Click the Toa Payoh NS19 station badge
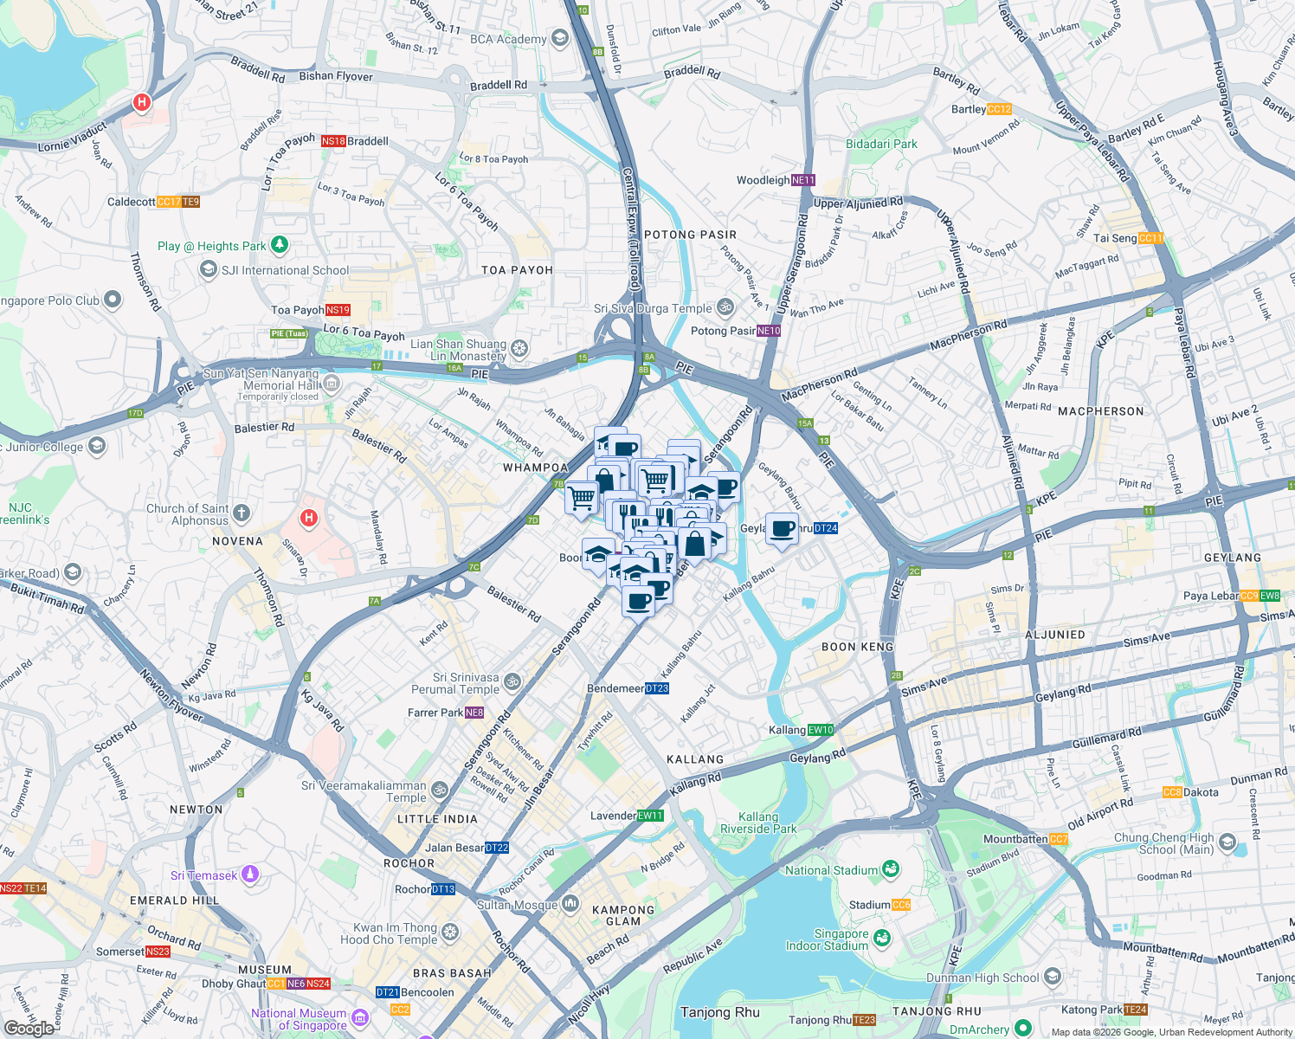coord(338,310)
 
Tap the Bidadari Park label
coord(881,144)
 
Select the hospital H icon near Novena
coord(308,519)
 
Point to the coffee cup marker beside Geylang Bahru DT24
coord(782,529)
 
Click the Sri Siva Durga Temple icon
coord(726,307)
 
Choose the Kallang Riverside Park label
coord(758,823)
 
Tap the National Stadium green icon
coord(891,869)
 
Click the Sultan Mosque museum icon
coord(570,905)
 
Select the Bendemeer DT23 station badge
coord(657,688)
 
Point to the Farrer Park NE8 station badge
coord(474,713)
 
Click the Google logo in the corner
coord(29,1029)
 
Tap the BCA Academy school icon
coord(559,38)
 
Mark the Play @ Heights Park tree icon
coord(279,245)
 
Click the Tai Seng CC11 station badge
coord(1150,238)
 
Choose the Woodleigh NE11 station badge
coord(803,180)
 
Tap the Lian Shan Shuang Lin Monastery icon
coord(519,349)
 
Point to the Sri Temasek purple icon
coord(249,874)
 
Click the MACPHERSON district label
coord(1100,411)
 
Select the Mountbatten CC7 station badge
coord(1058,839)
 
